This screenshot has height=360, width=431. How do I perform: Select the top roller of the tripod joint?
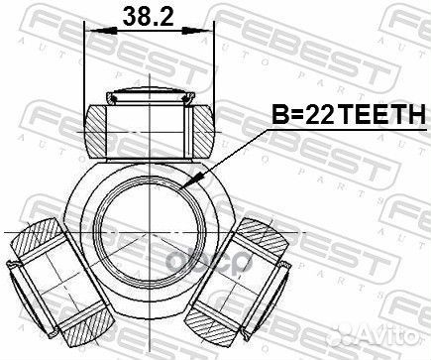pos(150,124)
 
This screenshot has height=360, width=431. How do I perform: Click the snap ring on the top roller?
pos(150,97)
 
